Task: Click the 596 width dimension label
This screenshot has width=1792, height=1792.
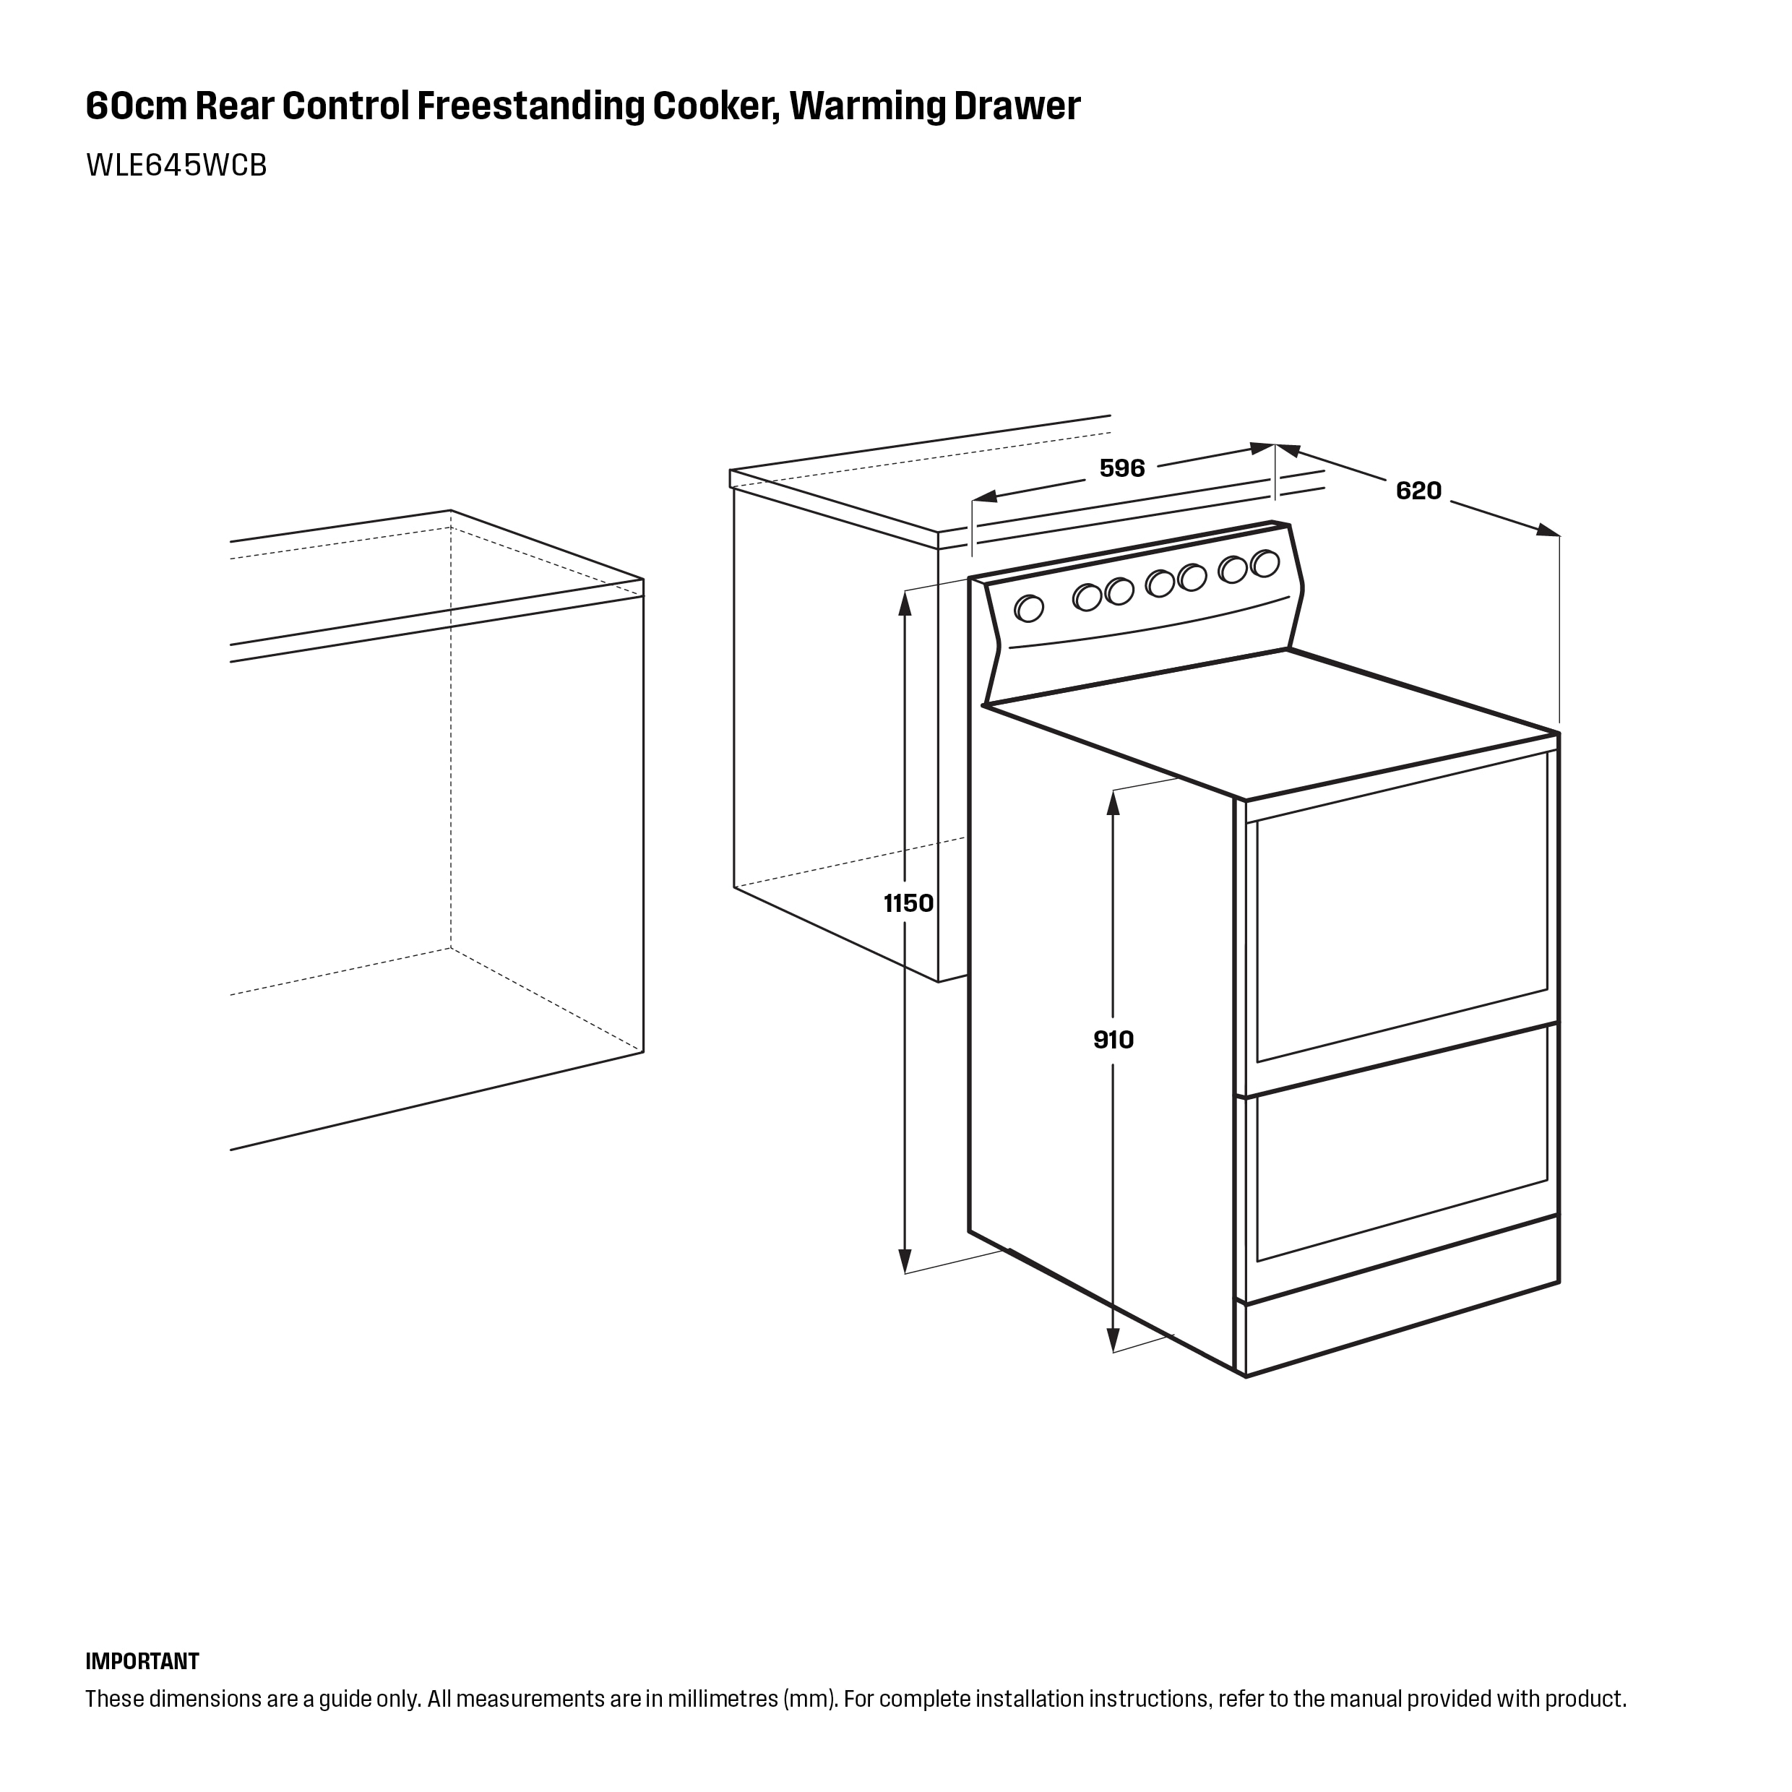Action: point(1121,468)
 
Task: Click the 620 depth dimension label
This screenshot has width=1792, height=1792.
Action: point(1418,491)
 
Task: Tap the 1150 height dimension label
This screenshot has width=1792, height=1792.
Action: point(908,903)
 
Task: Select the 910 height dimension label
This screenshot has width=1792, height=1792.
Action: point(1113,1040)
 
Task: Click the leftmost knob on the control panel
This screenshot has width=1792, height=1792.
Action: point(1029,608)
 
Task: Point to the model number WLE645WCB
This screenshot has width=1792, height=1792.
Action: point(176,165)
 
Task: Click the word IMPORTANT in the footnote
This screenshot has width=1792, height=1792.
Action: point(142,1660)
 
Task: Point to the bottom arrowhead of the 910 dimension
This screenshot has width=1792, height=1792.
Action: point(1113,1340)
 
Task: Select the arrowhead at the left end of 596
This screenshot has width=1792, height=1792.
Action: point(984,496)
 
